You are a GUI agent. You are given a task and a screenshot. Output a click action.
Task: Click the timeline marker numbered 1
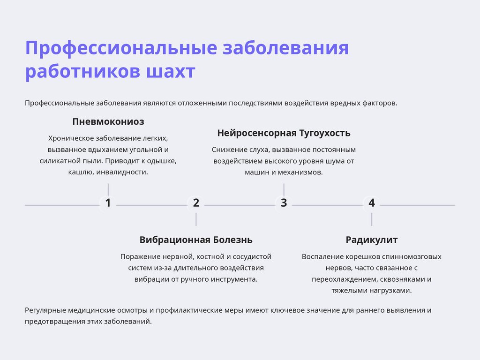click(x=108, y=203)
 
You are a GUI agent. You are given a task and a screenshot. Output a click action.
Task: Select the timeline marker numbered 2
click(x=196, y=203)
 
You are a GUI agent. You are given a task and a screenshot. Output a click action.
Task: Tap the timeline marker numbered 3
click(x=284, y=203)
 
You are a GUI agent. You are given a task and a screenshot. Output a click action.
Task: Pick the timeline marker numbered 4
click(x=372, y=203)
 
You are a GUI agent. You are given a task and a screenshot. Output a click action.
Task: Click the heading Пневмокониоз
click(x=108, y=122)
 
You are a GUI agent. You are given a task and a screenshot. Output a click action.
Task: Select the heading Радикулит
click(x=372, y=240)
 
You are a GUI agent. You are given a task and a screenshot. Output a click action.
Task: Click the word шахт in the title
click(x=171, y=72)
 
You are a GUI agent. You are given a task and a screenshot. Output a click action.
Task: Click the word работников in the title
click(x=82, y=72)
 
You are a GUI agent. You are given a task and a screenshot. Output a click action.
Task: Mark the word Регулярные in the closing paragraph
click(x=45, y=310)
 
